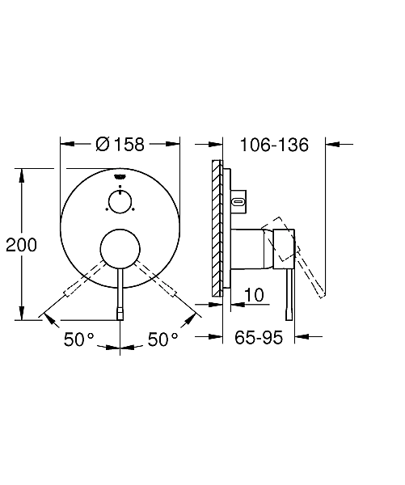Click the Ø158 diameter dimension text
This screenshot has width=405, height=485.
tap(120, 145)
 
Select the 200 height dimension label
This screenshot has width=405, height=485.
tap(21, 245)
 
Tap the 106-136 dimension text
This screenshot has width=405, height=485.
tap(274, 145)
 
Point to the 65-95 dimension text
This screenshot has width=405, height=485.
tap(259, 337)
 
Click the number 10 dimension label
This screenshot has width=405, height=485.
tap(254, 295)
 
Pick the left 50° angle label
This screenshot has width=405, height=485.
tap(79, 339)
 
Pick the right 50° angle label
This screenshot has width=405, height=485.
tap(163, 339)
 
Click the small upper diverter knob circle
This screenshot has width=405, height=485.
tap(120, 201)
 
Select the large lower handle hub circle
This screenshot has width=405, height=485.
tap(120, 249)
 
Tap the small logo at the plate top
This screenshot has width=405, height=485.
tap(120, 176)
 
